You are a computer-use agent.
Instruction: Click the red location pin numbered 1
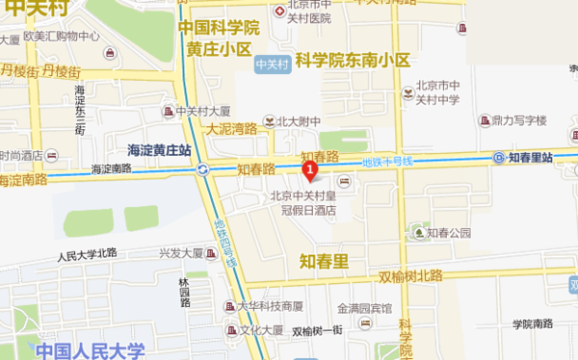[310, 171]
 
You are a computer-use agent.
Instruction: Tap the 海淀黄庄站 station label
[160, 150]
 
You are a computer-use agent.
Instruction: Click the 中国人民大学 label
[90, 350]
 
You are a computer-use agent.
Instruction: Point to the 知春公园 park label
[450, 232]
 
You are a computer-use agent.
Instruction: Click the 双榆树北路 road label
[410, 276]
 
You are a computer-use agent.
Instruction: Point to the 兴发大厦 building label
[181, 254]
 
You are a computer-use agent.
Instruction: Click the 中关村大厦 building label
[202, 110]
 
